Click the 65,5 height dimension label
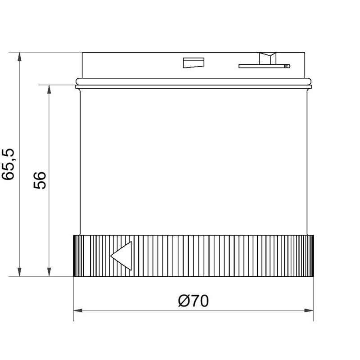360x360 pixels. pos(8,164)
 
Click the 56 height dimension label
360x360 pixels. pos(40,180)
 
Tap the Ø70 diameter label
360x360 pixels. pos(193,301)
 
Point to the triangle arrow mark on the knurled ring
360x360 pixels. pos(121,256)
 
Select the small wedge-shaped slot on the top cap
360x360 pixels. pos(193,63)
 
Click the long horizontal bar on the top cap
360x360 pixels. pos(264,66)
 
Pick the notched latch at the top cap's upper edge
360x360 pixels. pos(268,58)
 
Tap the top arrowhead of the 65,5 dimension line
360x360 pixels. pos(19,57)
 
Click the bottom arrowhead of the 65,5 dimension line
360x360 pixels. pos(19,272)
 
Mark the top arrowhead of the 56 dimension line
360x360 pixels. pos(49,89)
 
